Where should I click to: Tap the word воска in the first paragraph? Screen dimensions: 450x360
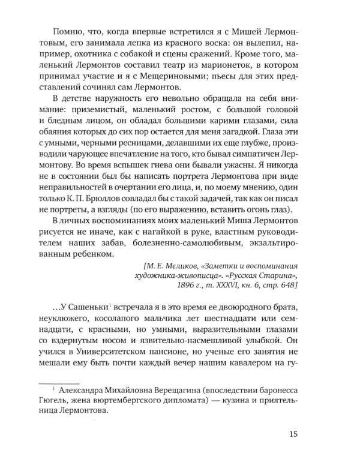point(200,43)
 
